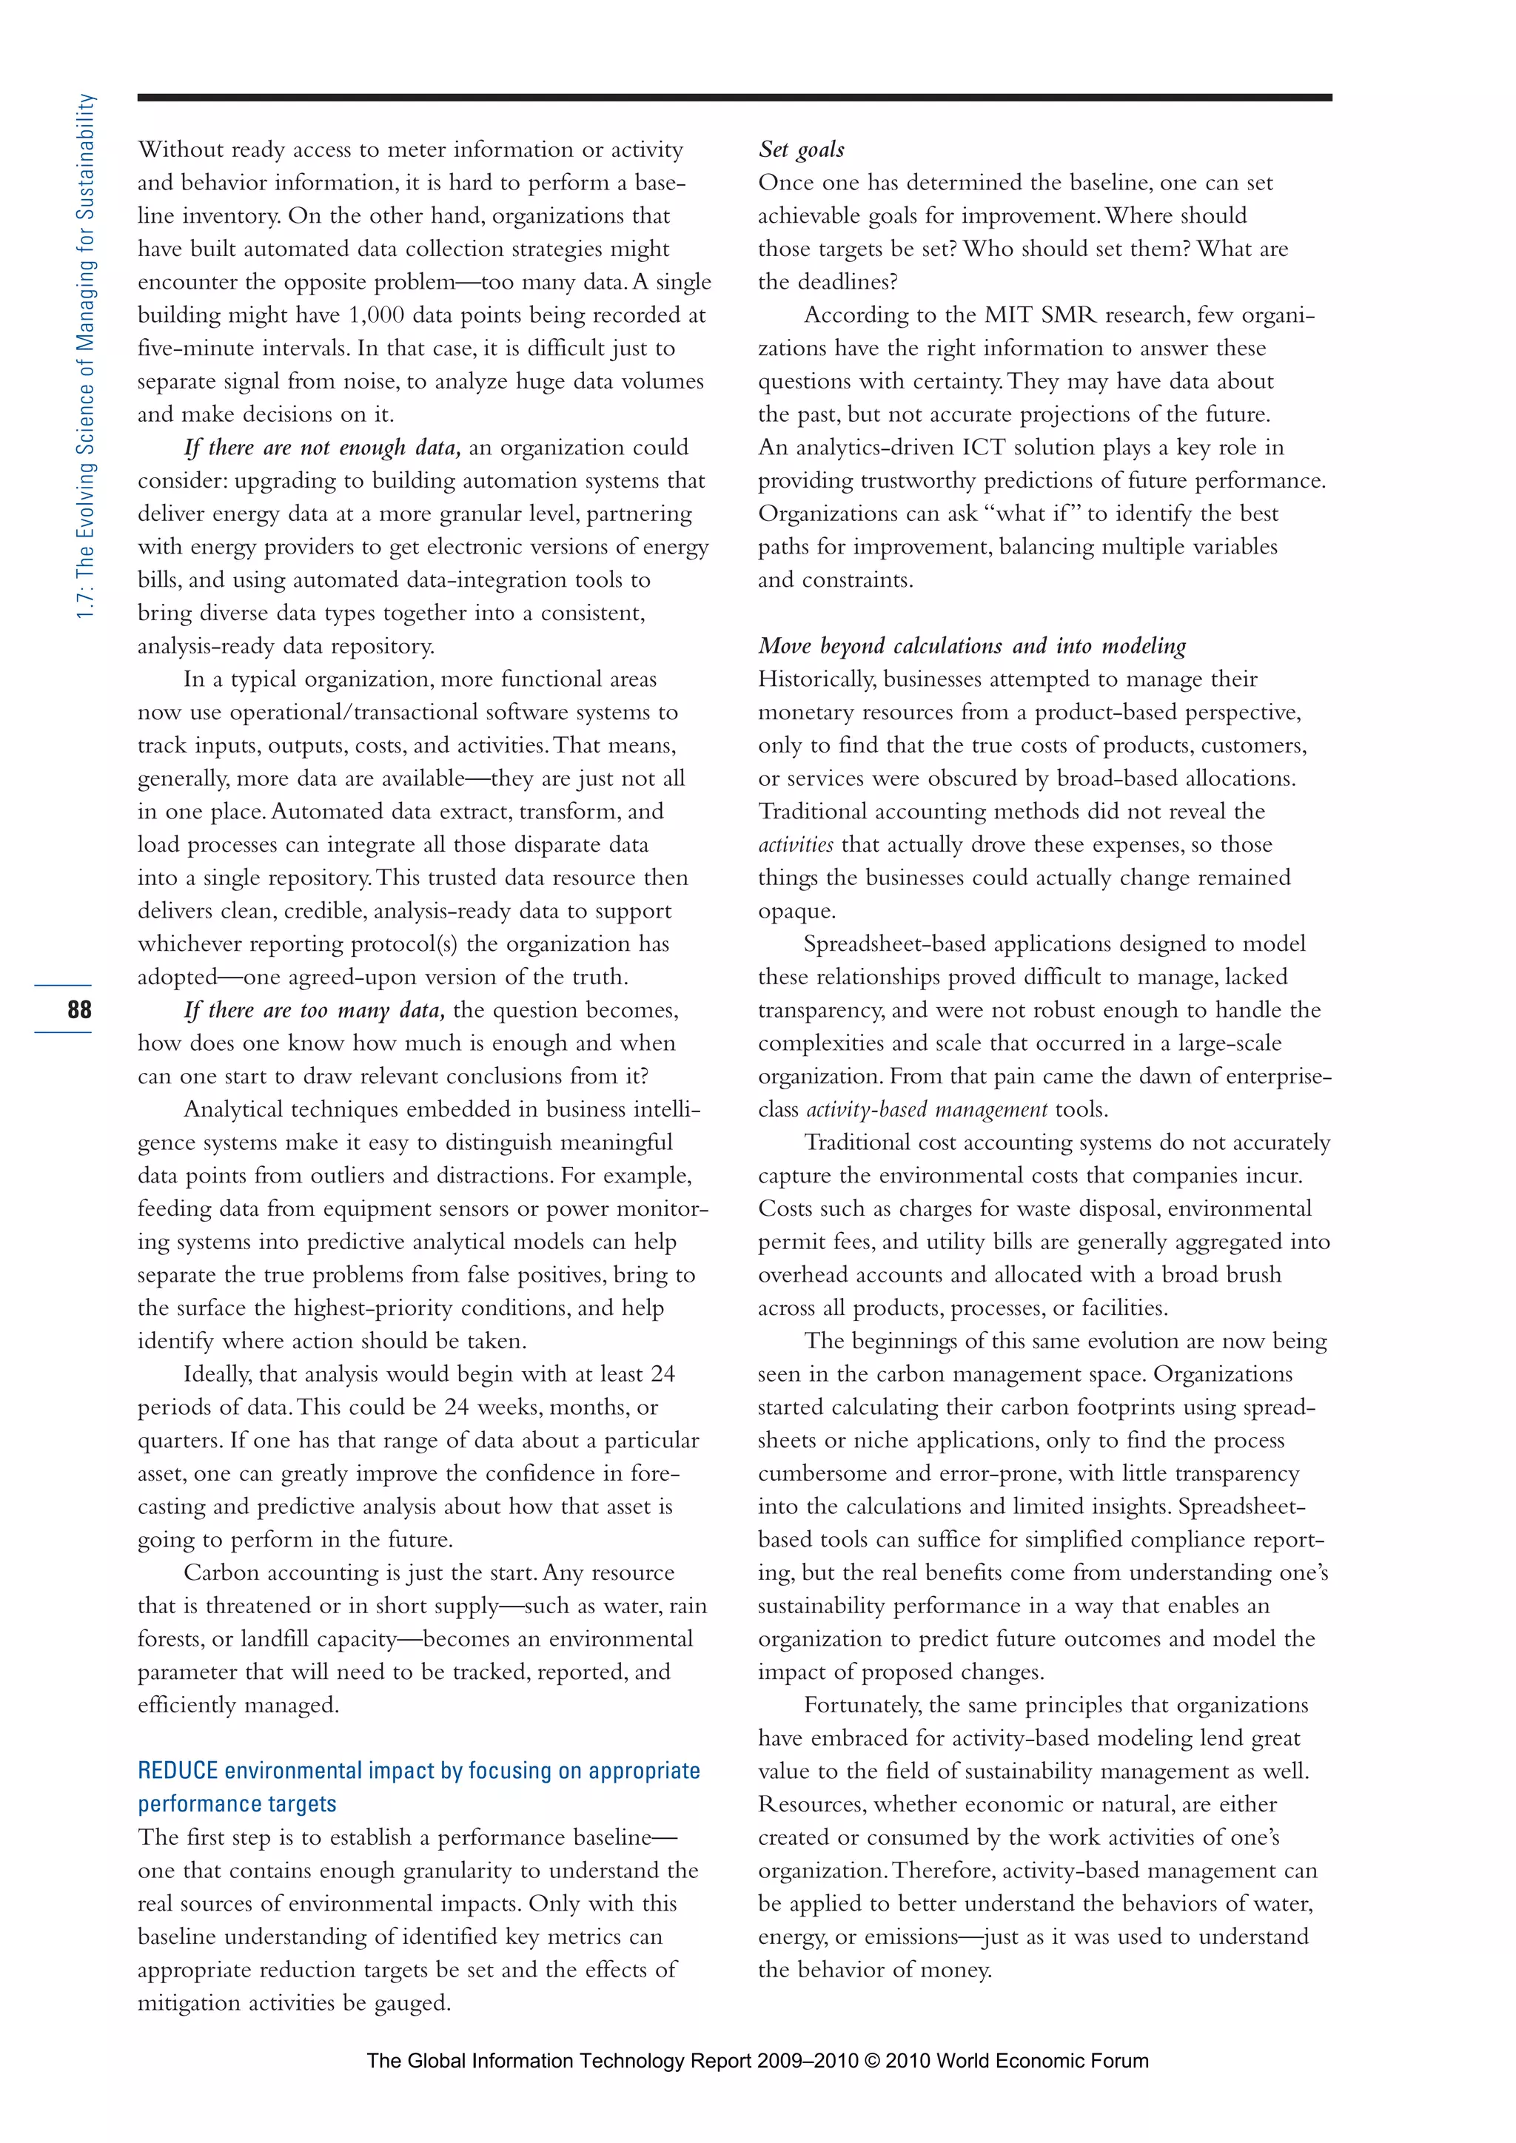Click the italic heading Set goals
tap(801, 149)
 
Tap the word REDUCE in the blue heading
tap(178, 1771)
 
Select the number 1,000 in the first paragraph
tap(375, 315)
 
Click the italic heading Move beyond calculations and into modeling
tap(971, 646)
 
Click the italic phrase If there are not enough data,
tap(322, 448)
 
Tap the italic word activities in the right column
tap(795, 844)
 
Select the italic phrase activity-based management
tap(926, 1110)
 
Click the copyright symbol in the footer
tap(872, 2061)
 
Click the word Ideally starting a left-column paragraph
tap(217, 1374)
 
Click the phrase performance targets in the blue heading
tap(237, 1804)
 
